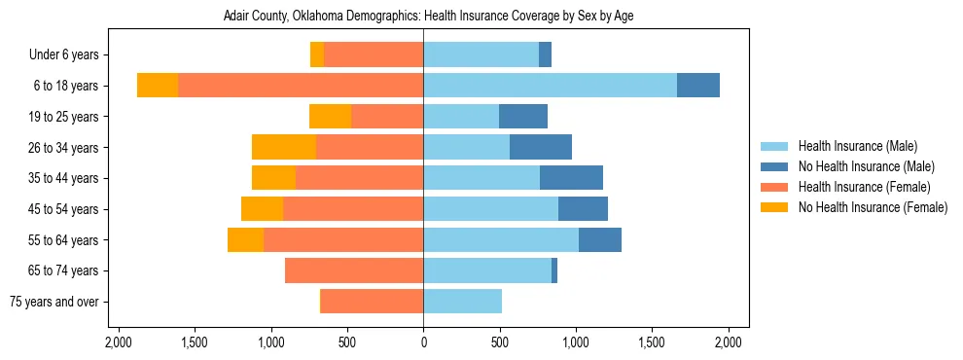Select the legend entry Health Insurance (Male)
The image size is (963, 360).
(x=857, y=146)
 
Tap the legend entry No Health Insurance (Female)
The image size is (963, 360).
(x=873, y=207)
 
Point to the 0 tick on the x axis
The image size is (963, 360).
(x=423, y=342)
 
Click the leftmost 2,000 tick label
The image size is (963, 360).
(x=118, y=342)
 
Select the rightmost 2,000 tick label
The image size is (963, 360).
(x=729, y=342)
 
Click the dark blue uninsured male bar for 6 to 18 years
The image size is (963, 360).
(x=698, y=86)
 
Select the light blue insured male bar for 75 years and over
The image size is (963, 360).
(x=462, y=302)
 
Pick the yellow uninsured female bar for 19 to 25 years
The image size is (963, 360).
(x=330, y=117)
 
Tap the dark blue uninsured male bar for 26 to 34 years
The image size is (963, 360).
(x=541, y=148)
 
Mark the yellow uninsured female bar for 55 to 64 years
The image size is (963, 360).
(x=245, y=240)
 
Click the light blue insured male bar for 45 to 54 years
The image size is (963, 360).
(x=490, y=209)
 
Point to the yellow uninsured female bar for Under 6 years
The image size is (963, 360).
(x=317, y=55)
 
